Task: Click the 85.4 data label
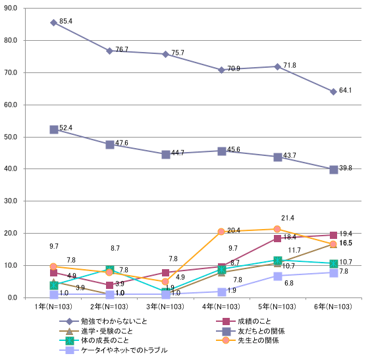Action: (x=66, y=22)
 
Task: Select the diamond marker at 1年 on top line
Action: (x=53, y=22)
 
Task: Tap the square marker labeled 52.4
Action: (x=53, y=130)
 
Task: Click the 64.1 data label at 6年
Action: (x=346, y=91)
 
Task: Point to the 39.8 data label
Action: (x=346, y=169)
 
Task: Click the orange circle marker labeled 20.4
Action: (x=221, y=232)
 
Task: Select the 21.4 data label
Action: (x=287, y=218)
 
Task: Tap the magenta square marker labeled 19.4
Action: (x=334, y=235)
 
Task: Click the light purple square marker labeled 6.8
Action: (x=278, y=276)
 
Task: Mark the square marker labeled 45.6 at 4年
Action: (x=221, y=151)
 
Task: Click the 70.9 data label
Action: (x=234, y=69)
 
